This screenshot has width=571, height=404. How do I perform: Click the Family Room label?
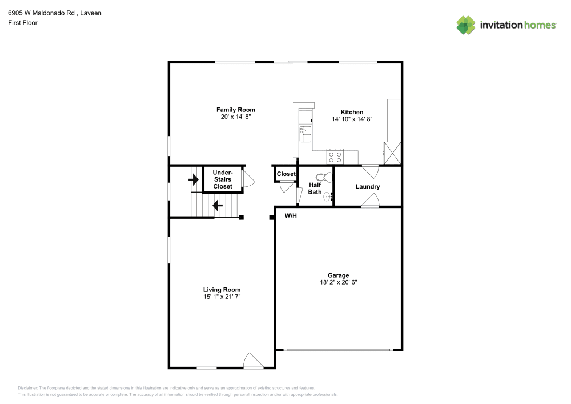click(235, 110)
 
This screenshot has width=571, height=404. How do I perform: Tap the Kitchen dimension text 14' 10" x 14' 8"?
click(352, 119)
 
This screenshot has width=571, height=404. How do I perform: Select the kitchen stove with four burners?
click(335, 156)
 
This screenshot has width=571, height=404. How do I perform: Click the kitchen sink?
click(305, 134)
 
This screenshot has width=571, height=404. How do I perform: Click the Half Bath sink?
click(328, 197)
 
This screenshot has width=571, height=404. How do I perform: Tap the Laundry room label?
click(367, 187)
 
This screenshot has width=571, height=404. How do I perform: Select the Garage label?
click(338, 275)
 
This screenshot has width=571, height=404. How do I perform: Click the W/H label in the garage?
click(291, 215)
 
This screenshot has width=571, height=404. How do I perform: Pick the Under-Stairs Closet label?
click(222, 179)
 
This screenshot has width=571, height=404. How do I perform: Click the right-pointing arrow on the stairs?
click(195, 180)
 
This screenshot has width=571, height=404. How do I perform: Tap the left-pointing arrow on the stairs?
click(218, 205)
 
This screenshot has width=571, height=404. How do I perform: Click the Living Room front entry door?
click(252, 361)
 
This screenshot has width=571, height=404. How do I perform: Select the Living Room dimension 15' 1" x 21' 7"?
click(222, 297)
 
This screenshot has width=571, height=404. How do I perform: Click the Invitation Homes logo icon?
click(465, 25)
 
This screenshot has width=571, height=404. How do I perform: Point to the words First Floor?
click(23, 23)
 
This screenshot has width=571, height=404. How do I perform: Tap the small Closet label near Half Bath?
click(286, 174)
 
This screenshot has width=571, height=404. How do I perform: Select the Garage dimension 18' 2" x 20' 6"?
click(338, 282)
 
